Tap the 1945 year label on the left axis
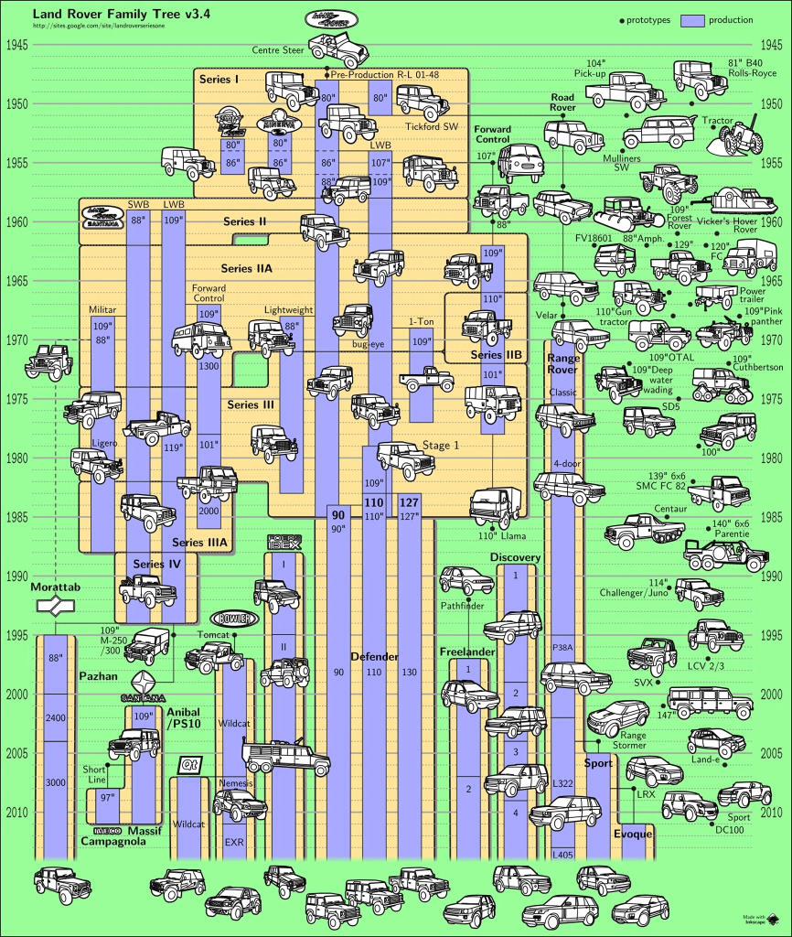[17, 45]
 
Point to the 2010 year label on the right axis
[774, 813]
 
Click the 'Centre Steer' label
[278, 49]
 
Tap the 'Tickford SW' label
[431, 126]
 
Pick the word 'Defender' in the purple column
[374, 657]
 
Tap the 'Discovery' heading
[516, 557]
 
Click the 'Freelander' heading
[467, 652]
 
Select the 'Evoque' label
[633, 834]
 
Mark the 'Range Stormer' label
[633, 740]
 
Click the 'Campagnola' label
[113, 840]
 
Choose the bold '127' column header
[409, 502]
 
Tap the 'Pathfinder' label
[463, 605]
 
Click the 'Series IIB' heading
[495, 354]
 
